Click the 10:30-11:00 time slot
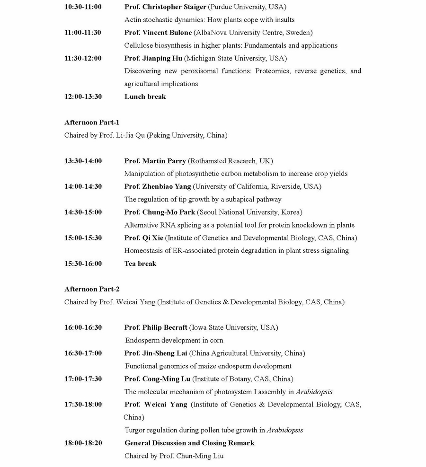(83, 7)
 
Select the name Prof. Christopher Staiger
(165, 7)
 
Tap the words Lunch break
(145, 97)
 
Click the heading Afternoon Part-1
(92, 123)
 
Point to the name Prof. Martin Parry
(155, 161)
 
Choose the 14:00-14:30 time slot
(83, 186)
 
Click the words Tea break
(140, 264)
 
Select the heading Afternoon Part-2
(92, 289)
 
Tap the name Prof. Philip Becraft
(156, 327)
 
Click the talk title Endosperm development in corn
(174, 340)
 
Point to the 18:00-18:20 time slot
(83, 443)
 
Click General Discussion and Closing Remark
(189, 443)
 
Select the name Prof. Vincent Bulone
(158, 33)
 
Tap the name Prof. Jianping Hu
(153, 58)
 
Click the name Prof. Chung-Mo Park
(160, 212)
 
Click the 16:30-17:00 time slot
(83, 353)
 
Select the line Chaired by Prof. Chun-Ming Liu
(174, 456)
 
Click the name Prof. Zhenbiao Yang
(158, 186)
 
